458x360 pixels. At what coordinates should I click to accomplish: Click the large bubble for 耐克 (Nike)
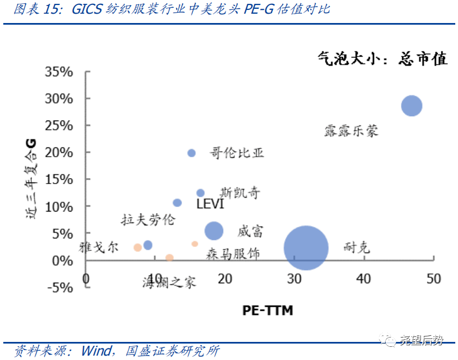(x=306, y=248)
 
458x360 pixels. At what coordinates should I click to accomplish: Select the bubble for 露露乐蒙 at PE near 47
(x=411, y=106)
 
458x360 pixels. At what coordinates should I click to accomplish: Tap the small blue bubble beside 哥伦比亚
(x=191, y=153)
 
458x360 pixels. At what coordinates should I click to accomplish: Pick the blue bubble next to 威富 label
(x=214, y=231)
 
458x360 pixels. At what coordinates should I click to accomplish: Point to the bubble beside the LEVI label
(x=177, y=203)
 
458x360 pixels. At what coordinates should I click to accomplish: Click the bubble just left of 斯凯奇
(x=200, y=193)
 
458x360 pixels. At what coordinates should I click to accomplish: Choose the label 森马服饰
(x=233, y=254)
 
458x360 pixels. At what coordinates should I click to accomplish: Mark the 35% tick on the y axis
(x=59, y=72)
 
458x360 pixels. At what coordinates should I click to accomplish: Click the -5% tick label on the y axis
(x=59, y=287)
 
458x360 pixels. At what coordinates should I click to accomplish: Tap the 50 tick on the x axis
(x=433, y=278)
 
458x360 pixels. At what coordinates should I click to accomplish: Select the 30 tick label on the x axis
(x=294, y=278)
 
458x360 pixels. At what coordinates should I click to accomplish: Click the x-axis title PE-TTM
(x=268, y=311)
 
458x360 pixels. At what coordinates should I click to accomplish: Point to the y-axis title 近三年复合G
(x=31, y=179)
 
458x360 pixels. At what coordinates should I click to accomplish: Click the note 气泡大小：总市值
(x=383, y=58)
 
